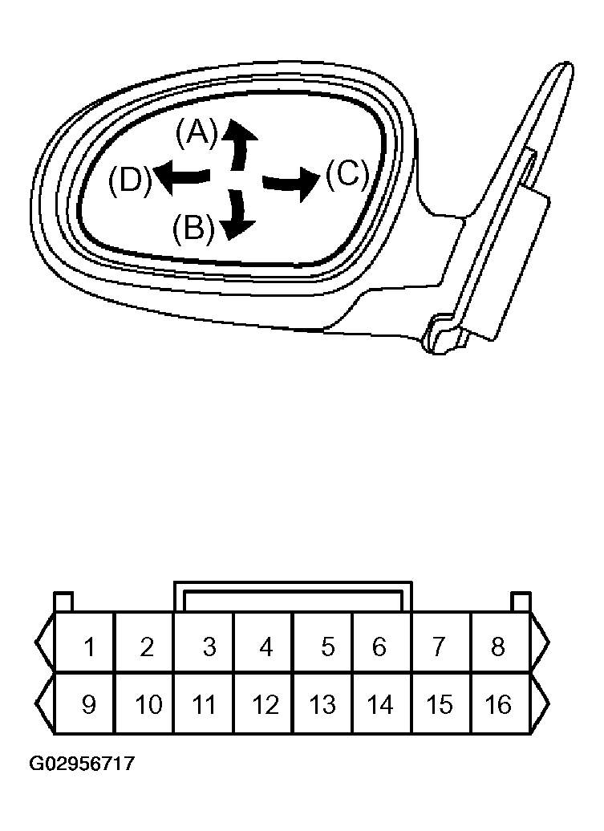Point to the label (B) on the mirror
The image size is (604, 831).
tap(193, 228)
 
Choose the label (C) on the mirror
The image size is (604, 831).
tap(347, 174)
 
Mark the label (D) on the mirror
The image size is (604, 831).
tap(130, 180)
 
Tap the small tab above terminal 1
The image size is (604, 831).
tap(64, 602)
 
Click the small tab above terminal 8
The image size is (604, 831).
tap(521, 602)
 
